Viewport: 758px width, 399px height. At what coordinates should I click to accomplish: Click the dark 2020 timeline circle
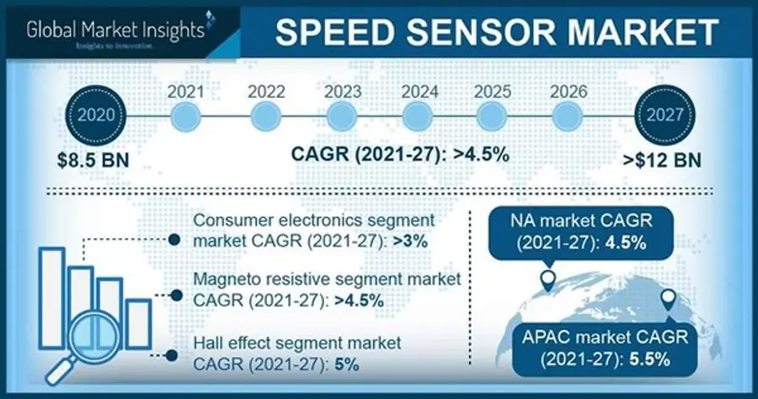click(x=96, y=116)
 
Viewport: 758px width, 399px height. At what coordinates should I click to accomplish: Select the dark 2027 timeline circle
click(x=665, y=116)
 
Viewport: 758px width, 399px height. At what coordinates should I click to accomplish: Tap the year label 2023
click(x=343, y=91)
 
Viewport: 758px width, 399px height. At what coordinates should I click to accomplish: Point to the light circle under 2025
click(x=492, y=117)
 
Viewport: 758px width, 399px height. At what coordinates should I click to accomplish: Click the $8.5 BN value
click(x=93, y=160)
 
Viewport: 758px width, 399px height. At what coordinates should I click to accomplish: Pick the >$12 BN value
click(x=662, y=160)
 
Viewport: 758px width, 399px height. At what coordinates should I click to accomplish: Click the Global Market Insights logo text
click(x=115, y=30)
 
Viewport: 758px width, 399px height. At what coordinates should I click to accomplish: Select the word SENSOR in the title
click(x=482, y=32)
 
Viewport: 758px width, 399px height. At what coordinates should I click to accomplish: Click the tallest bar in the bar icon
click(x=51, y=298)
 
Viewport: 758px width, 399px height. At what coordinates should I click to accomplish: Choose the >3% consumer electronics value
click(x=410, y=241)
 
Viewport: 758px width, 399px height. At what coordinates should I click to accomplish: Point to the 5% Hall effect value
click(x=346, y=364)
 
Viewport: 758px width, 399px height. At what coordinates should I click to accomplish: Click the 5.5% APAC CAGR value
click(x=649, y=359)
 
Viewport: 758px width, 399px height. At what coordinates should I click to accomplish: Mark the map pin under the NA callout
click(x=547, y=281)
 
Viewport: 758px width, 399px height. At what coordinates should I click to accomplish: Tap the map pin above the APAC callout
click(x=668, y=300)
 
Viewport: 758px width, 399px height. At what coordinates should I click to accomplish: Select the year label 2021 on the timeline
click(x=185, y=91)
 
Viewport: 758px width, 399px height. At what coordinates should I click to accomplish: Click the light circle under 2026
click(x=568, y=117)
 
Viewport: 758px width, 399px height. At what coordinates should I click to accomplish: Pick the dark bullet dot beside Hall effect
click(x=171, y=355)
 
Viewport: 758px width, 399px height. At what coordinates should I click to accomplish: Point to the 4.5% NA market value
click(x=626, y=243)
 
